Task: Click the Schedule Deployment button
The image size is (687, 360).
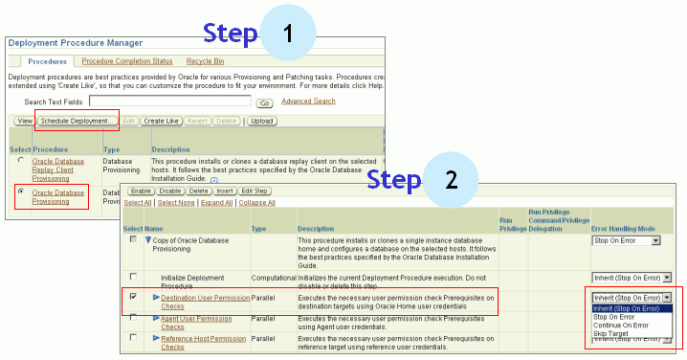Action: (x=78, y=121)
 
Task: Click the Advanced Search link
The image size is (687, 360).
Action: (x=308, y=101)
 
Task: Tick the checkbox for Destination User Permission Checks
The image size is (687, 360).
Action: (x=133, y=299)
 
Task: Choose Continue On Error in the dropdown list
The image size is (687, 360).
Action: (x=621, y=326)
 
